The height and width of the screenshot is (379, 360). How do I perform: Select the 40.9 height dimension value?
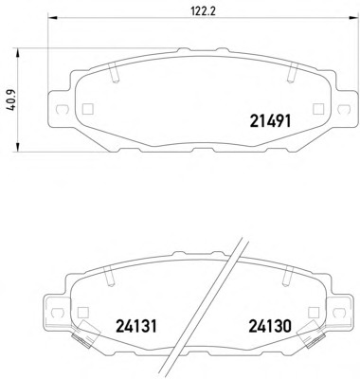point(12,101)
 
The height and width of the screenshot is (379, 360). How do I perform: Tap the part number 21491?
point(270,121)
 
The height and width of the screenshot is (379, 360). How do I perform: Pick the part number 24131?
point(136,326)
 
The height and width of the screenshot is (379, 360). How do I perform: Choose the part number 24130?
point(270,326)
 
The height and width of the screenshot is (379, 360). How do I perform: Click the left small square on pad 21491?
point(87,109)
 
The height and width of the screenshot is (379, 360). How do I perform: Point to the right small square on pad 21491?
point(318,109)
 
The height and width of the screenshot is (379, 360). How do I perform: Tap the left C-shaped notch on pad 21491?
point(61,109)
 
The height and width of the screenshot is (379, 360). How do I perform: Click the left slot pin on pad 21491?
point(114,73)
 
